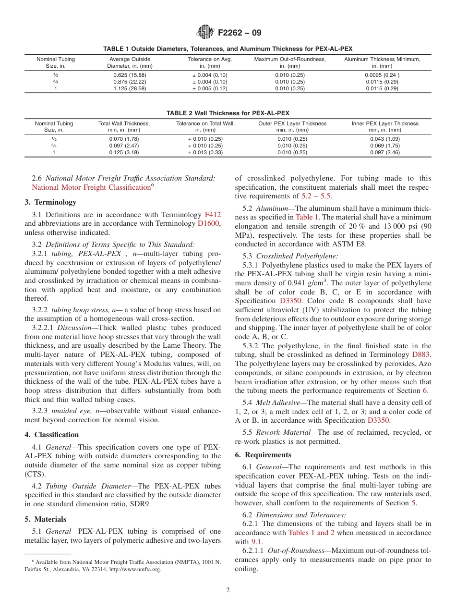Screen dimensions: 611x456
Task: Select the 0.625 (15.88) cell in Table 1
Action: [x=130, y=75]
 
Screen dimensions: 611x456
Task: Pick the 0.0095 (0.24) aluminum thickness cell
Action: [x=382, y=75]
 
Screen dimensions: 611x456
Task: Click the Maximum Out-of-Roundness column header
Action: [x=289, y=62]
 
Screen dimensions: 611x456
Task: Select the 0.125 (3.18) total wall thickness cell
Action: [x=124, y=153]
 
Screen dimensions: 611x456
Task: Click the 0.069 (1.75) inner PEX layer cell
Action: [x=384, y=146]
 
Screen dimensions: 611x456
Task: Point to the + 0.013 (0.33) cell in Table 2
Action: [x=205, y=153]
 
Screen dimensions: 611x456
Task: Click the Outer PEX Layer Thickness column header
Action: [x=292, y=127]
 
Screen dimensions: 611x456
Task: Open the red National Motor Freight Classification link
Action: [x=91, y=188]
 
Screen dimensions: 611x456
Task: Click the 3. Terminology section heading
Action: [x=50, y=202]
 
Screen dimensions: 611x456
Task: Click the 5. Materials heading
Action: [x=46, y=519]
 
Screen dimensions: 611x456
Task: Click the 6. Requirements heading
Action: [x=263, y=455]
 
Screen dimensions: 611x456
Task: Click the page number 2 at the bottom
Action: [x=228, y=590]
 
